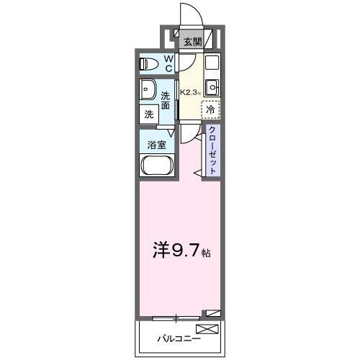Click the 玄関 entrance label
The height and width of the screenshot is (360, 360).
pos(191,42)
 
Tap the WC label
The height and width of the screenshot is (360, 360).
pos(168,63)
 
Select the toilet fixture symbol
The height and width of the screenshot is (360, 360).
pos(150,63)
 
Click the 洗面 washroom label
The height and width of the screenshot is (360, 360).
pos(166,101)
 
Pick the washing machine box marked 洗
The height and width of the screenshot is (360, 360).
pos(149,113)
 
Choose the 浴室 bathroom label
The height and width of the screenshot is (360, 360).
pos(157,144)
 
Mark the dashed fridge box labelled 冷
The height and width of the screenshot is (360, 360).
pos(210,109)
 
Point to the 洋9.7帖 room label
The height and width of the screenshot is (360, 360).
pos(180,253)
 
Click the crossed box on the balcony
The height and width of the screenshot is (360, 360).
pos(206,330)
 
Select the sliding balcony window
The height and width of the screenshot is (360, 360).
pos(176,317)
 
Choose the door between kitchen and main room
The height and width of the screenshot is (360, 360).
pos(189,131)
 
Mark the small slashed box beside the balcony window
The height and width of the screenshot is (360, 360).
pos(211,313)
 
